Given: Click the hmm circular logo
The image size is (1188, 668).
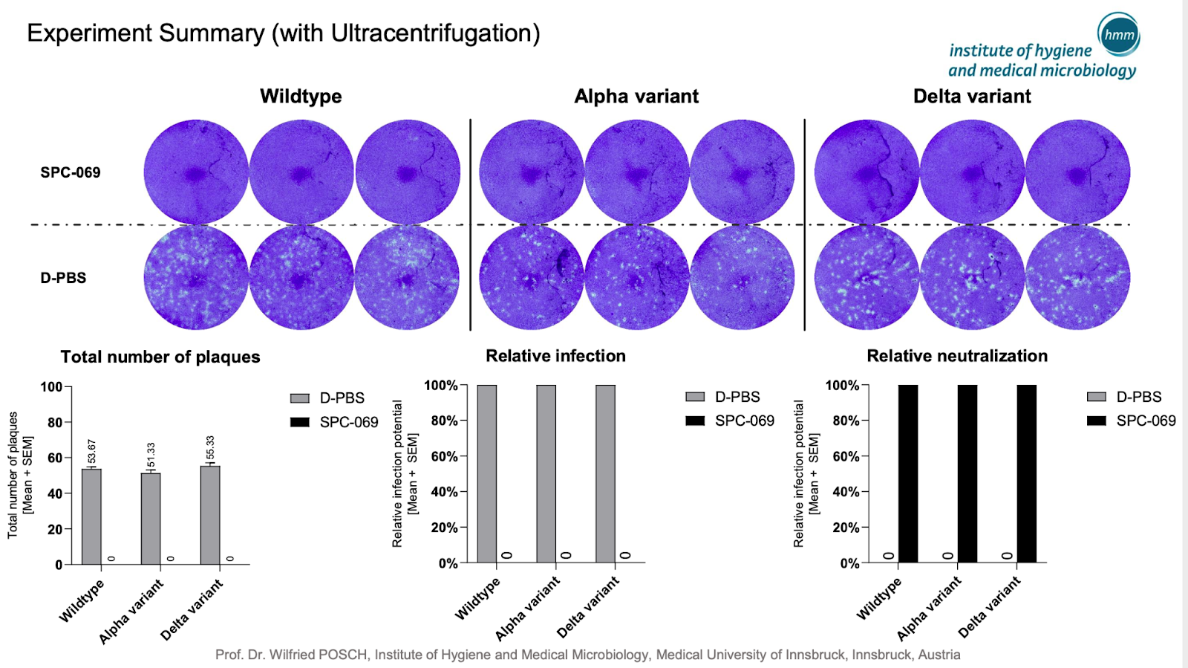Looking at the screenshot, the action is click(1118, 34).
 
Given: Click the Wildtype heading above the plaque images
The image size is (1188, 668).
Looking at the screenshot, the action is click(301, 96).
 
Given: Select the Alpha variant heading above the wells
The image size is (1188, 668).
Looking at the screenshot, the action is click(636, 96).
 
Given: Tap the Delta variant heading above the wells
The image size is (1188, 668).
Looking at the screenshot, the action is click(972, 96).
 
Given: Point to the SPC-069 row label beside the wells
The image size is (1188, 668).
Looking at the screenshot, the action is click(71, 172).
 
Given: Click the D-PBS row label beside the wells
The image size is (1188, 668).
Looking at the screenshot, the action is click(63, 277).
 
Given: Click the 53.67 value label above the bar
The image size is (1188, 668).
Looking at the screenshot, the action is click(92, 452).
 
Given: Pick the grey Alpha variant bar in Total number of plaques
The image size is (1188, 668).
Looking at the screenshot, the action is click(151, 519).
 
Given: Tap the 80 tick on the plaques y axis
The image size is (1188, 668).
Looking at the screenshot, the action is click(55, 422).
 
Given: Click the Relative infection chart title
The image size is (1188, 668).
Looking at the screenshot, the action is click(556, 355).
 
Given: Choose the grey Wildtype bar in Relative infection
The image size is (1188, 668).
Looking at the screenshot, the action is click(487, 474).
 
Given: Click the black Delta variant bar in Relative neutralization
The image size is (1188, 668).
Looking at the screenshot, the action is click(1027, 474).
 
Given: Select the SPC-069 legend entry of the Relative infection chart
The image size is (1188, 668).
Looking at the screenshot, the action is click(730, 421).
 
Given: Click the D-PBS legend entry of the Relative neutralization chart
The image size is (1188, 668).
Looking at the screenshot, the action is click(1124, 396).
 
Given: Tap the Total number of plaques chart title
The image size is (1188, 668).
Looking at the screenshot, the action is click(160, 357).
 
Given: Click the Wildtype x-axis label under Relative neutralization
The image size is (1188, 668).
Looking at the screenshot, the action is click(879, 599).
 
